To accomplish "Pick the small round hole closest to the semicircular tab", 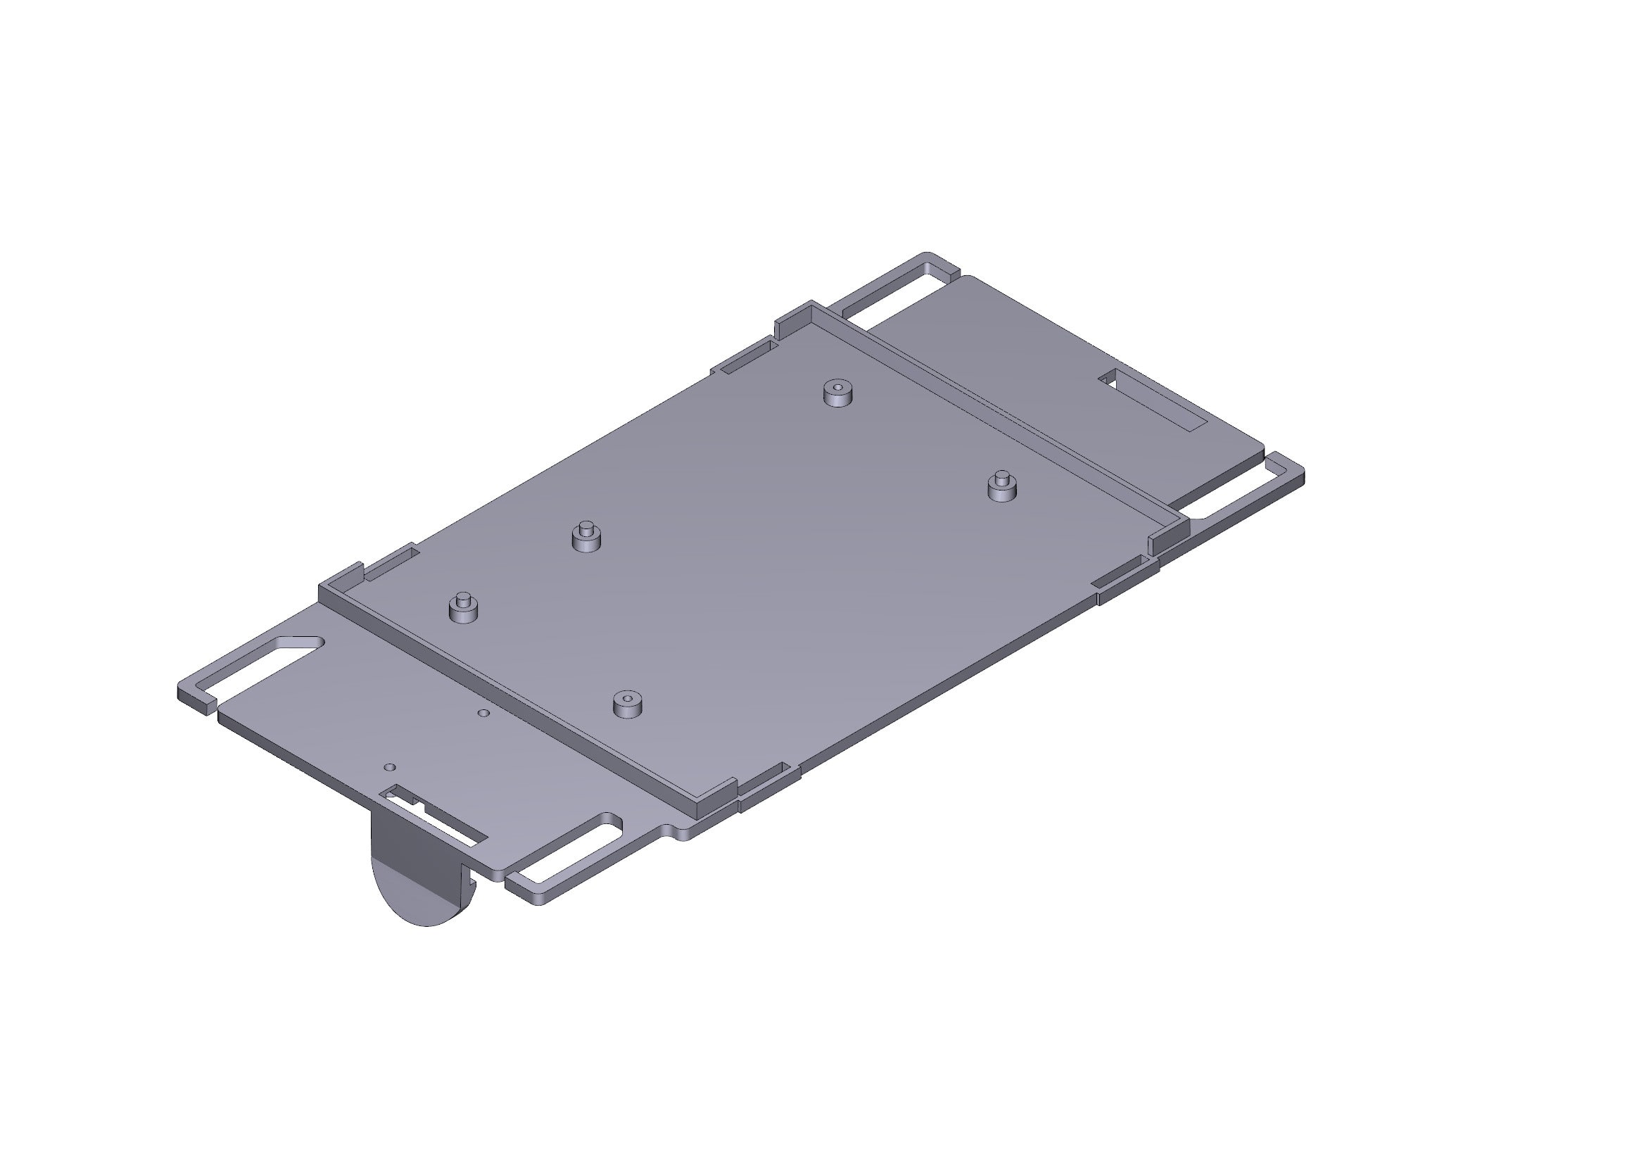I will tap(390, 767).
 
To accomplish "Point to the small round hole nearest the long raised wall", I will tap(485, 713).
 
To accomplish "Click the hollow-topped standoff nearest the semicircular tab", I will tap(627, 704).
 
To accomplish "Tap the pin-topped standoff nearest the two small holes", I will tap(462, 609).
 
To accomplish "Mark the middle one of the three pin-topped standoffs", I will tap(585, 538).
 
